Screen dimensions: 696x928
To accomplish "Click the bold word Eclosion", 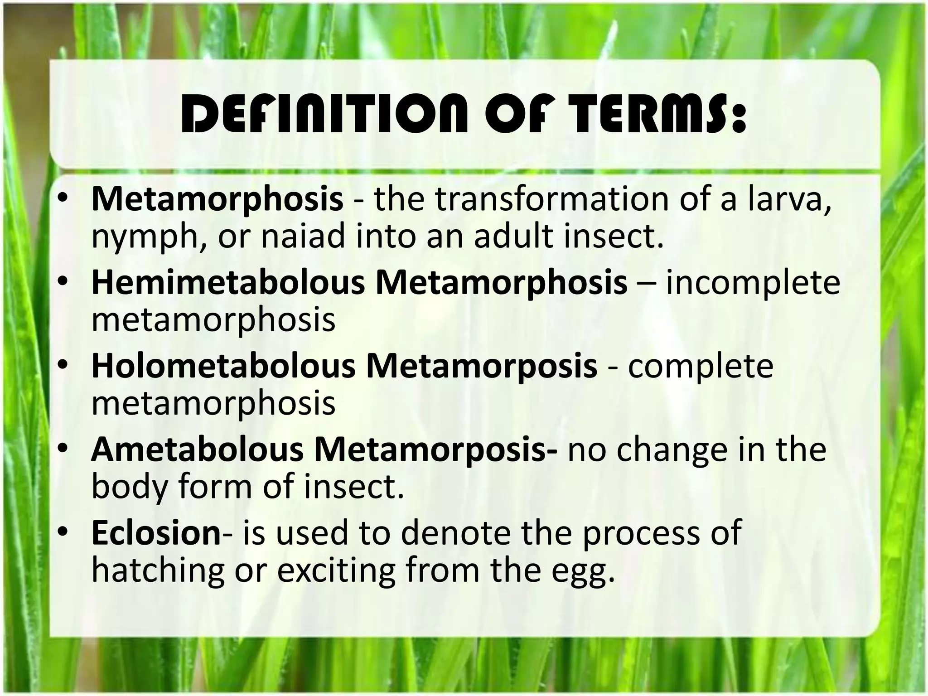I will pos(156,533).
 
